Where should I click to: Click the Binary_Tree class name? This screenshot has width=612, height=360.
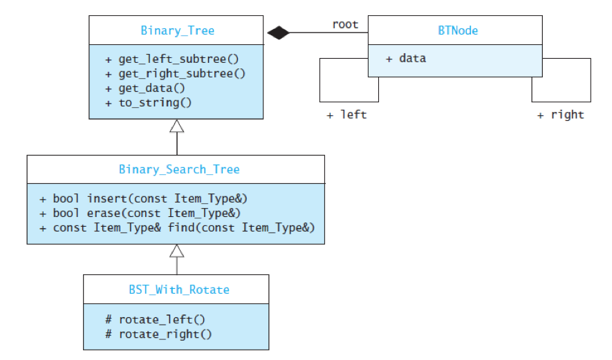click(177, 30)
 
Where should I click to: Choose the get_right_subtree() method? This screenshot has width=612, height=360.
click(175, 73)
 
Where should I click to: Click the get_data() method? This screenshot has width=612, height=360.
click(147, 88)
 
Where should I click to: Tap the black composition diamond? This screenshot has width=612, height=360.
click(278, 32)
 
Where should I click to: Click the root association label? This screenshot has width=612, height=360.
click(345, 25)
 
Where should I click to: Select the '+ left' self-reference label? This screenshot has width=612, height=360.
click(346, 115)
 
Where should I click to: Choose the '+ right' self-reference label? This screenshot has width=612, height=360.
click(560, 115)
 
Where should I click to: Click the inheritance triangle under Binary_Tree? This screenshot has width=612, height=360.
click(177, 126)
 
